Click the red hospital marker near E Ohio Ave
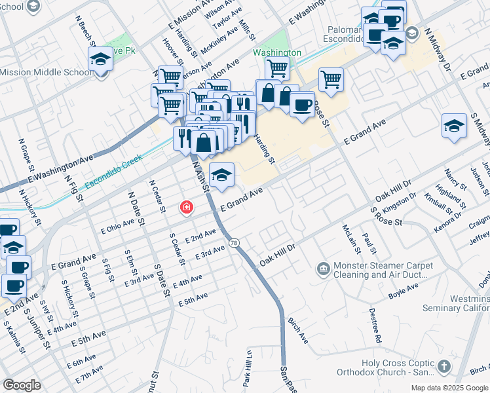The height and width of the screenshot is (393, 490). (x=187, y=208)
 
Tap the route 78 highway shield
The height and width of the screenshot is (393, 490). (x=234, y=243)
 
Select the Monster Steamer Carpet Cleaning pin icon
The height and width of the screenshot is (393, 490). (x=323, y=268)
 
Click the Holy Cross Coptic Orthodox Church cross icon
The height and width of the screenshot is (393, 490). (x=444, y=365)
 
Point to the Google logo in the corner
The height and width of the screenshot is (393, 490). (x=22, y=384)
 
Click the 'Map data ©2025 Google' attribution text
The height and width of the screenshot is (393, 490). (x=449, y=388)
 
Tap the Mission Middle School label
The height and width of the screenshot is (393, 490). (x=46, y=72)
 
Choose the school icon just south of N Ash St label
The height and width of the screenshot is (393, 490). (x=222, y=175)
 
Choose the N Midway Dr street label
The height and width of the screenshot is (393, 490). (x=439, y=49)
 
